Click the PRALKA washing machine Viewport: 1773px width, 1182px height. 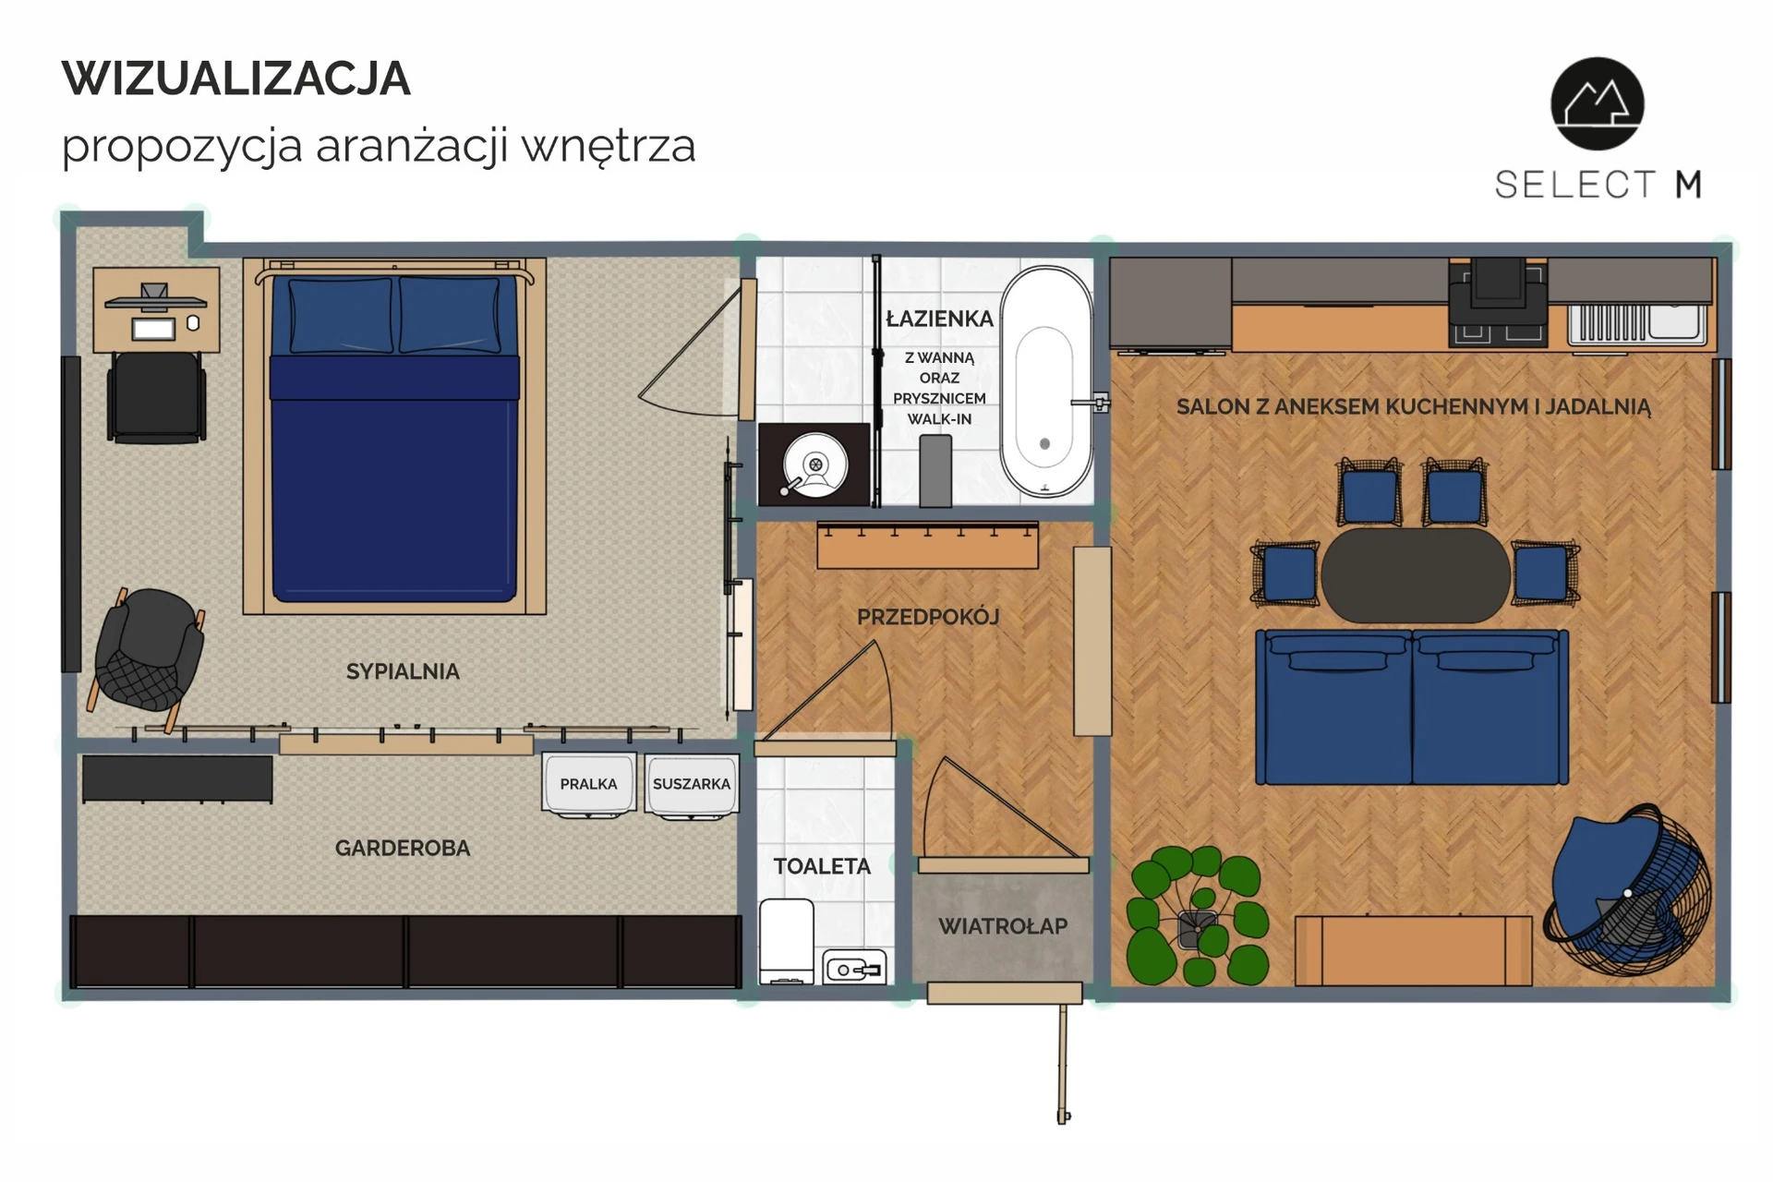tap(588, 784)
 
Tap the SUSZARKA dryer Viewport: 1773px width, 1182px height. tap(692, 784)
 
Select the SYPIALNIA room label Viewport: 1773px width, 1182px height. tap(403, 671)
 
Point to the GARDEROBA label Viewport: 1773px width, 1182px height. tap(403, 848)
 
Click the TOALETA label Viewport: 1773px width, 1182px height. tap(822, 866)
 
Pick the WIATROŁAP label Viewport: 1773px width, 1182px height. tap(1003, 925)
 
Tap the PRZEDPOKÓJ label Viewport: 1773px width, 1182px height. tap(928, 617)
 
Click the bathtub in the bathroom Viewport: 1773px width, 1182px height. tap(1045, 381)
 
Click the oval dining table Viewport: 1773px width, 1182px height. tap(1416, 575)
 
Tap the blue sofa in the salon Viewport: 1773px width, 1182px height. tap(1412, 707)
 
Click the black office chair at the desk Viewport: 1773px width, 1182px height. tap(157, 397)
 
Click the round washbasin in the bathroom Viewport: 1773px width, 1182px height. tap(814, 465)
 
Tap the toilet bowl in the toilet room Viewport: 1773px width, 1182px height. tap(787, 941)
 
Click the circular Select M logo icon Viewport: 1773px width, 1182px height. tap(1598, 103)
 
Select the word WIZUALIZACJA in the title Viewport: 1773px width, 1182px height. tap(235, 78)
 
